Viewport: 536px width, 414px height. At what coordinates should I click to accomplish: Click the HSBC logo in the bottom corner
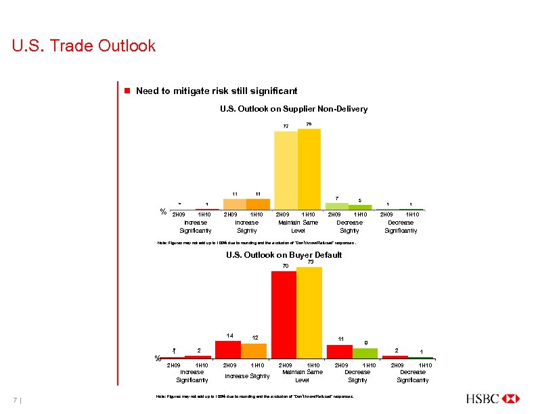coord(492,398)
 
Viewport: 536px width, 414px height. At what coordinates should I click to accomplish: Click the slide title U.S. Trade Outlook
coord(84,46)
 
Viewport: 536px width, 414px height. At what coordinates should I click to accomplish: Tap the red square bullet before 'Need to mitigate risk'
coord(125,91)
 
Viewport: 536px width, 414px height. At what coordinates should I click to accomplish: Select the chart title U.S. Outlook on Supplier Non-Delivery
coord(294,109)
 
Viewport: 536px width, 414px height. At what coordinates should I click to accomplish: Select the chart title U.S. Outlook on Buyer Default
coord(284,255)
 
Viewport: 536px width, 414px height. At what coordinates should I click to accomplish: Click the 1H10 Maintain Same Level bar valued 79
coord(309,169)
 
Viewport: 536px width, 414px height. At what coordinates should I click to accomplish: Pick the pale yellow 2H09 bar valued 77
coord(286,170)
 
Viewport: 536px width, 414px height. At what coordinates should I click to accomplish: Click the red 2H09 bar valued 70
coord(284,314)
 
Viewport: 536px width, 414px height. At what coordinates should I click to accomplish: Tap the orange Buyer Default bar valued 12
coord(254,350)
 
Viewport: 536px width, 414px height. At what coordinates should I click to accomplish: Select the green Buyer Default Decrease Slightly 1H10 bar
coord(365,352)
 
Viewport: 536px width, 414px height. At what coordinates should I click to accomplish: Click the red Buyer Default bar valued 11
coord(340,351)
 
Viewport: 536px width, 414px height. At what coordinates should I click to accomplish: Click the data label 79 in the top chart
coord(309,124)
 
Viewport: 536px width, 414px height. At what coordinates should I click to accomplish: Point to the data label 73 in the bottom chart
coord(310,262)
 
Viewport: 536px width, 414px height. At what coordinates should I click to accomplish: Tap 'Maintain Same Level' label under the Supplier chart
coord(298,226)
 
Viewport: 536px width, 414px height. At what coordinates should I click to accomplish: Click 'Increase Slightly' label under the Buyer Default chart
coord(247,375)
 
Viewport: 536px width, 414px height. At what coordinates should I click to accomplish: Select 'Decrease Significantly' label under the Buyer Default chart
coord(413,375)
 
